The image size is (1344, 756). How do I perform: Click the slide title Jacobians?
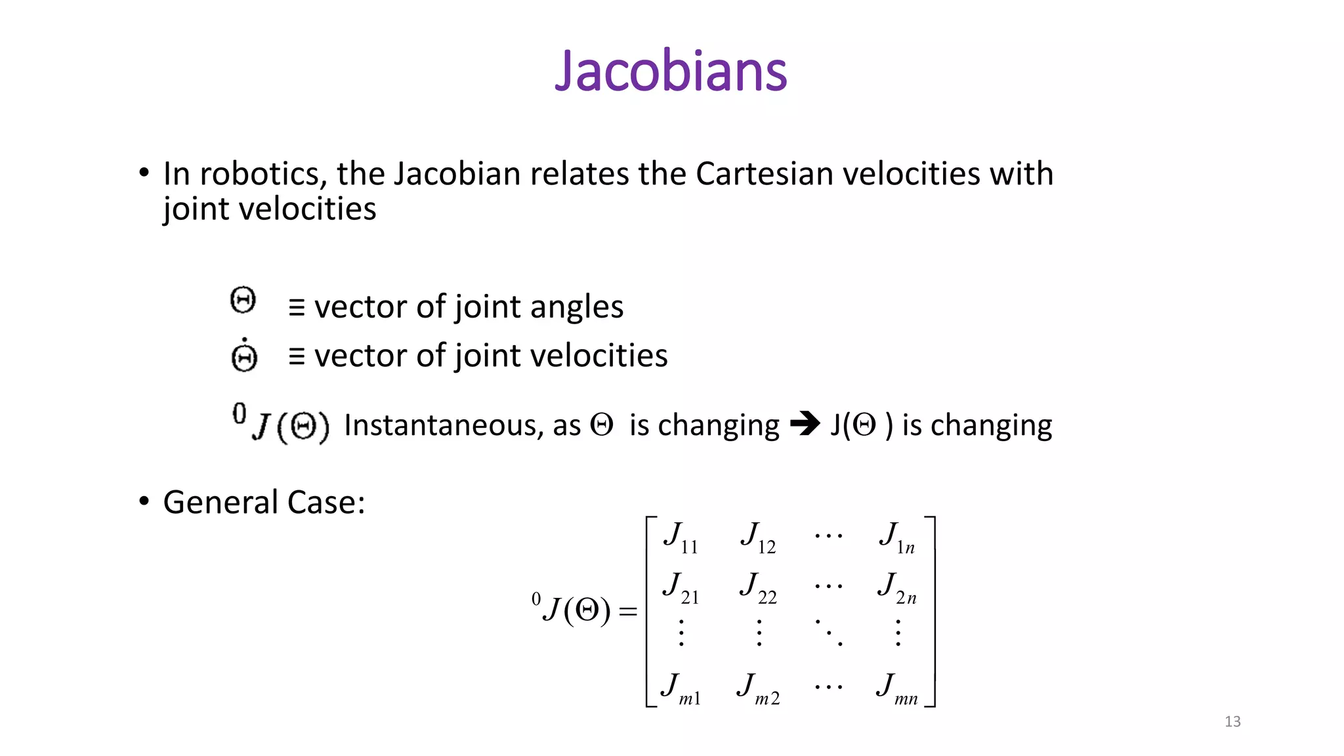click(x=671, y=71)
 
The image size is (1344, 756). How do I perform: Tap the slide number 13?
click(x=1232, y=722)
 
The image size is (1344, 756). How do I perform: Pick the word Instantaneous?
click(x=443, y=426)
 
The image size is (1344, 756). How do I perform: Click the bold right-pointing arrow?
click(x=805, y=424)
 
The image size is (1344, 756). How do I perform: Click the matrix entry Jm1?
click(x=681, y=688)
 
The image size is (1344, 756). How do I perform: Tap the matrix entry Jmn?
click(x=897, y=688)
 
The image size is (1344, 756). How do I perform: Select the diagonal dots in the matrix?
click(x=829, y=633)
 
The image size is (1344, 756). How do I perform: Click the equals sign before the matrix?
click(x=628, y=612)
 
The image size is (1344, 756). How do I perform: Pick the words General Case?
click(x=264, y=503)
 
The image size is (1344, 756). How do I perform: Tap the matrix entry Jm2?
click(x=758, y=688)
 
